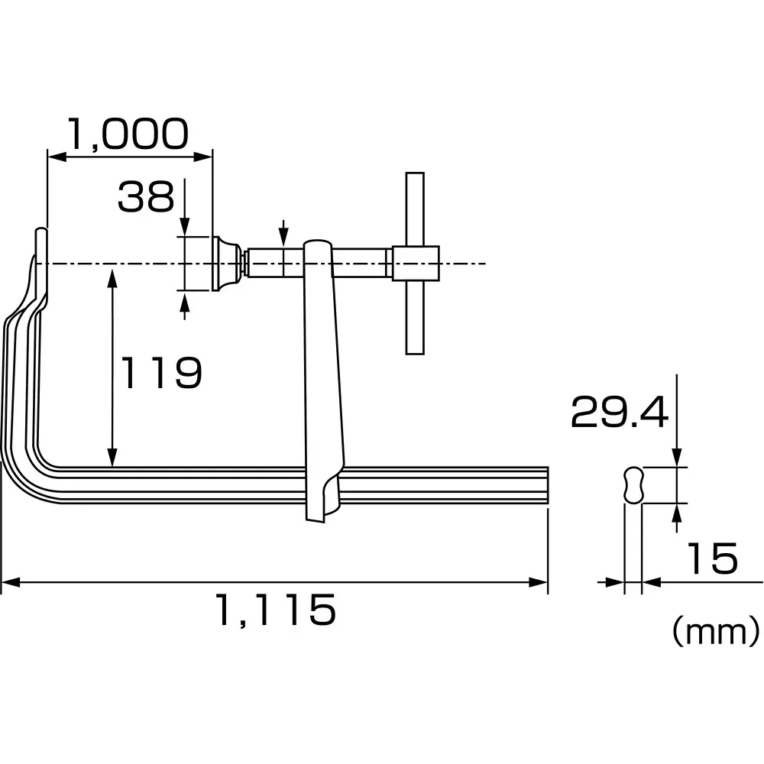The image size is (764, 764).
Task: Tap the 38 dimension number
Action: pyautogui.click(x=146, y=197)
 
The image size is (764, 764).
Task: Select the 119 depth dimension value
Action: pyautogui.click(x=162, y=373)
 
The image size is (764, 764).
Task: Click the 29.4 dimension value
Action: pyautogui.click(x=619, y=413)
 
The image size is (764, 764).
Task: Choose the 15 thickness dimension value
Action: pyautogui.click(x=711, y=558)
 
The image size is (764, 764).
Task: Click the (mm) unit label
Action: pyautogui.click(x=715, y=631)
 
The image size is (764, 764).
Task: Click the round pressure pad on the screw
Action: pyautogui.click(x=225, y=264)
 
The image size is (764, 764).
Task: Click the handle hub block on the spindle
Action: pyautogui.click(x=415, y=264)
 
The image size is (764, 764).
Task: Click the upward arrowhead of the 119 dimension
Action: pyautogui.click(x=113, y=274)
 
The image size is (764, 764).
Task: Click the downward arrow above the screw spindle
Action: pyautogui.click(x=283, y=238)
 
